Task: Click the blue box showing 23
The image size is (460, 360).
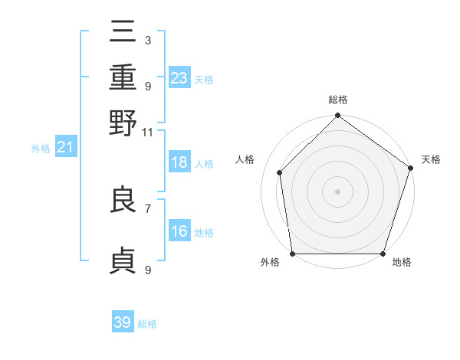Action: pyautogui.click(x=179, y=78)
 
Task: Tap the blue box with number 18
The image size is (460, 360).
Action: pyautogui.click(x=179, y=163)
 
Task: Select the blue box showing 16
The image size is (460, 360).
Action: pyautogui.click(x=179, y=232)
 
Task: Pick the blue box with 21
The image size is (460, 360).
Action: pyautogui.click(x=64, y=148)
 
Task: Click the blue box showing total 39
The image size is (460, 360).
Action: pyautogui.click(x=123, y=322)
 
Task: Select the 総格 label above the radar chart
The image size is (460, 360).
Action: pyautogui.click(x=338, y=100)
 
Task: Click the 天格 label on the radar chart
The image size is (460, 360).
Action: pyautogui.click(x=431, y=159)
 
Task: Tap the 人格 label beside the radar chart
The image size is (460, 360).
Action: pyautogui.click(x=245, y=159)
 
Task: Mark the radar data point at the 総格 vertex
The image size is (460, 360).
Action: pyautogui.click(x=337, y=116)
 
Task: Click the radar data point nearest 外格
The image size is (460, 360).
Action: pyautogui.click(x=292, y=254)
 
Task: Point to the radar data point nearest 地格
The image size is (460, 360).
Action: pyautogui.click(x=383, y=254)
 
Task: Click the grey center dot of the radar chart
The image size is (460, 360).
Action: pyautogui.click(x=337, y=191)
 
